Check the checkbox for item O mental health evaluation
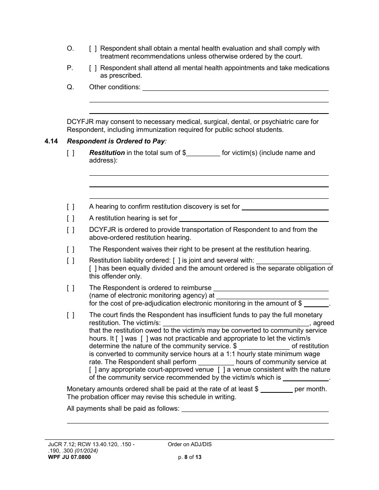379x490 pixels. click(93, 49)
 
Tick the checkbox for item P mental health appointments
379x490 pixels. click(93, 68)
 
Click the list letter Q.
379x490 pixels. click(70, 87)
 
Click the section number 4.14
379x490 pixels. click(51, 141)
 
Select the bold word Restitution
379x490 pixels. click(107, 153)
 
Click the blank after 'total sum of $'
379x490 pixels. click(203, 153)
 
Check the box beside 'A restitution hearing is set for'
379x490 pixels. click(70, 218)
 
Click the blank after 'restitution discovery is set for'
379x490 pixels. click(285, 207)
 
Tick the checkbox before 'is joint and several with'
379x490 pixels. click(176, 261)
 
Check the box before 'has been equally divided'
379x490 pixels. click(93, 269)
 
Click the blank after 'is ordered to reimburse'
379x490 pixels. click(271, 288)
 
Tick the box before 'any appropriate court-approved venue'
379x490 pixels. click(93, 370)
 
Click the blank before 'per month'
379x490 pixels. click(276, 389)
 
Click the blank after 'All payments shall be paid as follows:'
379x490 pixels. click(255, 409)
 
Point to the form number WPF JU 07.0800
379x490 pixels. click(69, 457)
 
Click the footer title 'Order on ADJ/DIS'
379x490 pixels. click(189, 445)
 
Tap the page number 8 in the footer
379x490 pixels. click(186, 457)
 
